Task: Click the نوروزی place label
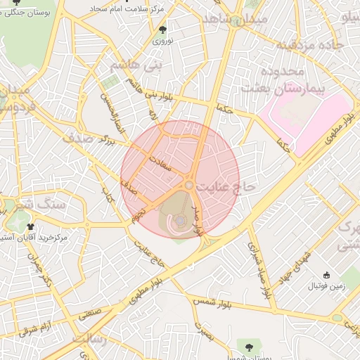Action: [x=163, y=41]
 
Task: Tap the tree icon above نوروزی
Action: [x=163, y=30]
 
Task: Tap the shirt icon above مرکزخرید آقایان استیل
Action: [x=30, y=226]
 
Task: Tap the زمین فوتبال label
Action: [x=323, y=287]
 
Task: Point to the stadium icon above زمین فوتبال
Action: [x=326, y=275]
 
